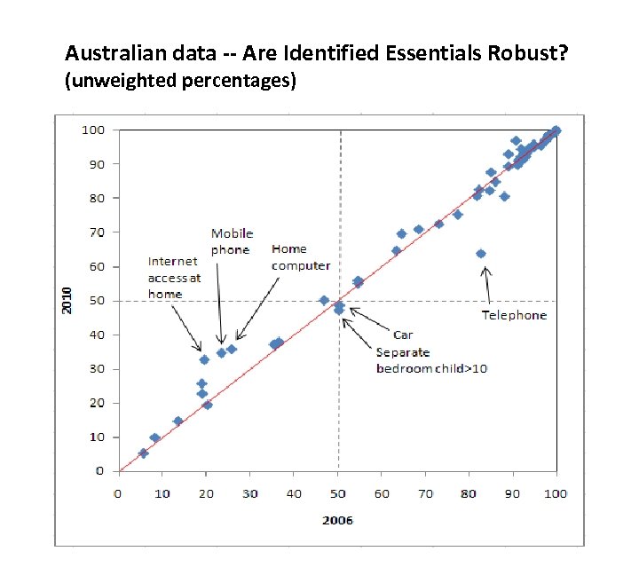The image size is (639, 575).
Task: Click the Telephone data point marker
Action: pyautogui.click(x=481, y=254)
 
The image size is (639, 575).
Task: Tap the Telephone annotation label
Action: pyautogui.click(x=514, y=315)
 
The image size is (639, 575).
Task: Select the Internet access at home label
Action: pyautogui.click(x=174, y=278)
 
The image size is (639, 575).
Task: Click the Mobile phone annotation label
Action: pyautogui.click(x=232, y=241)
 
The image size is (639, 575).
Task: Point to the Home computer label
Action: pyautogui.click(x=301, y=257)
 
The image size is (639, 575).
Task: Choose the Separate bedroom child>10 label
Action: pyautogui.click(x=431, y=360)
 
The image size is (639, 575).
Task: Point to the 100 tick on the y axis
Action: pyautogui.click(x=95, y=130)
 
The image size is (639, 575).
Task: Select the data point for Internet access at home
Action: pyautogui.click(x=204, y=359)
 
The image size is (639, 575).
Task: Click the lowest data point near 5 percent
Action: pyautogui.click(x=143, y=453)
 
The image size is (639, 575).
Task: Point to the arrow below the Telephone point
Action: pyautogui.click(x=485, y=284)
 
